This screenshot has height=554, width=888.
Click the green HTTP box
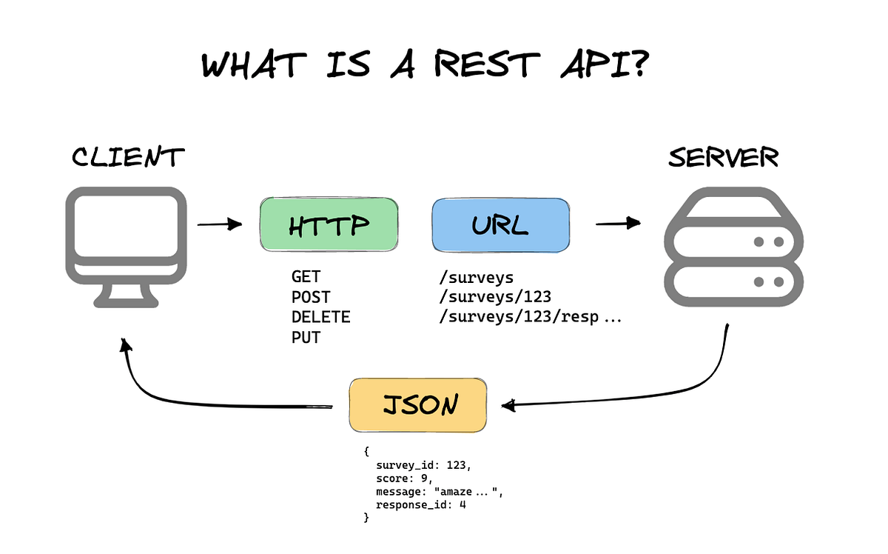pos(329,225)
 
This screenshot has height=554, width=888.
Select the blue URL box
pos(500,225)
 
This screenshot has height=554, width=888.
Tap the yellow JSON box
pos(418,404)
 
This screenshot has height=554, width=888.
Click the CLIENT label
pos(127,158)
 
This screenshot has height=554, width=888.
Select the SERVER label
pos(723,158)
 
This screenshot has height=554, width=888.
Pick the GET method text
pos(306,278)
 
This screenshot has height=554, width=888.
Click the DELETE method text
pos(320,318)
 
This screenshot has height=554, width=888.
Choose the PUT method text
pos(306,338)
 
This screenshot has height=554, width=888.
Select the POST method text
pos(311,298)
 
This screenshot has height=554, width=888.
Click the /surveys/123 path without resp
pos(494,298)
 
